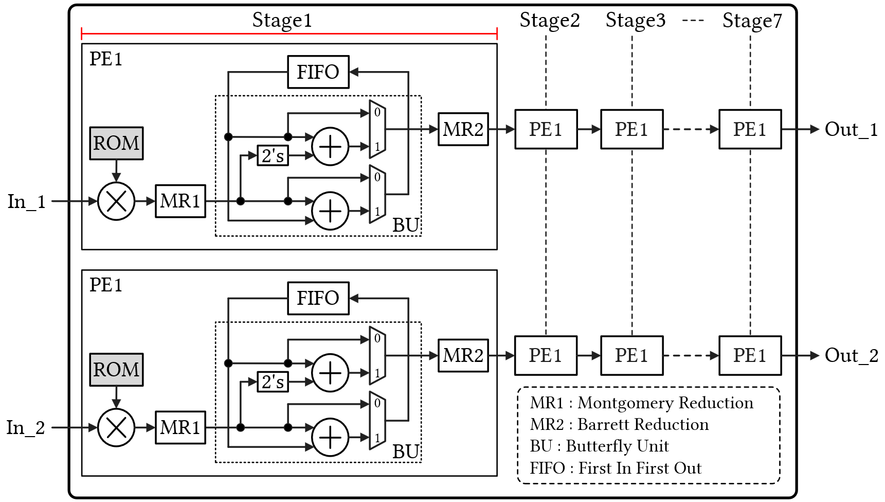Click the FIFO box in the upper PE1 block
pyautogui.click(x=318, y=72)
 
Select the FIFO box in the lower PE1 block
pyautogui.click(x=318, y=298)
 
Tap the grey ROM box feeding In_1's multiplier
pyautogui.click(x=116, y=143)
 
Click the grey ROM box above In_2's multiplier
pyautogui.click(x=116, y=370)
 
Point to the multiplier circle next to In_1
pyautogui.click(x=116, y=201)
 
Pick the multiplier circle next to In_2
pyautogui.click(x=116, y=427)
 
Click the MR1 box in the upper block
pyautogui.click(x=180, y=201)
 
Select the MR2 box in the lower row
pyautogui.click(x=463, y=355)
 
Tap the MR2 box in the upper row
pyautogui.click(x=463, y=129)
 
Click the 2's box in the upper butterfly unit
pyautogui.click(x=273, y=155)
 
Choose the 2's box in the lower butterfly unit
pyautogui.click(x=273, y=382)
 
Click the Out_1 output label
pyautogui.click(x=851, y=129)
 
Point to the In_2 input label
pyautogui.click(x=26, y=427)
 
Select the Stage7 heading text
pyautogui.click(x=752, y=21)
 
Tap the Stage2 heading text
pyautogui.click(x=549, y=21)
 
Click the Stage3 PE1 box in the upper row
pyautogui.click(x=631, y=129)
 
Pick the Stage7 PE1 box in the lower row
pyautogui.click(x=750, y=355)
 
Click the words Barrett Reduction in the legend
pyautogui.click(x=643, y=425)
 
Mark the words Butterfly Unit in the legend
pyautogui.click(x=617, y=446)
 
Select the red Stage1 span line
pyautogui.click(x=289, y=34)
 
